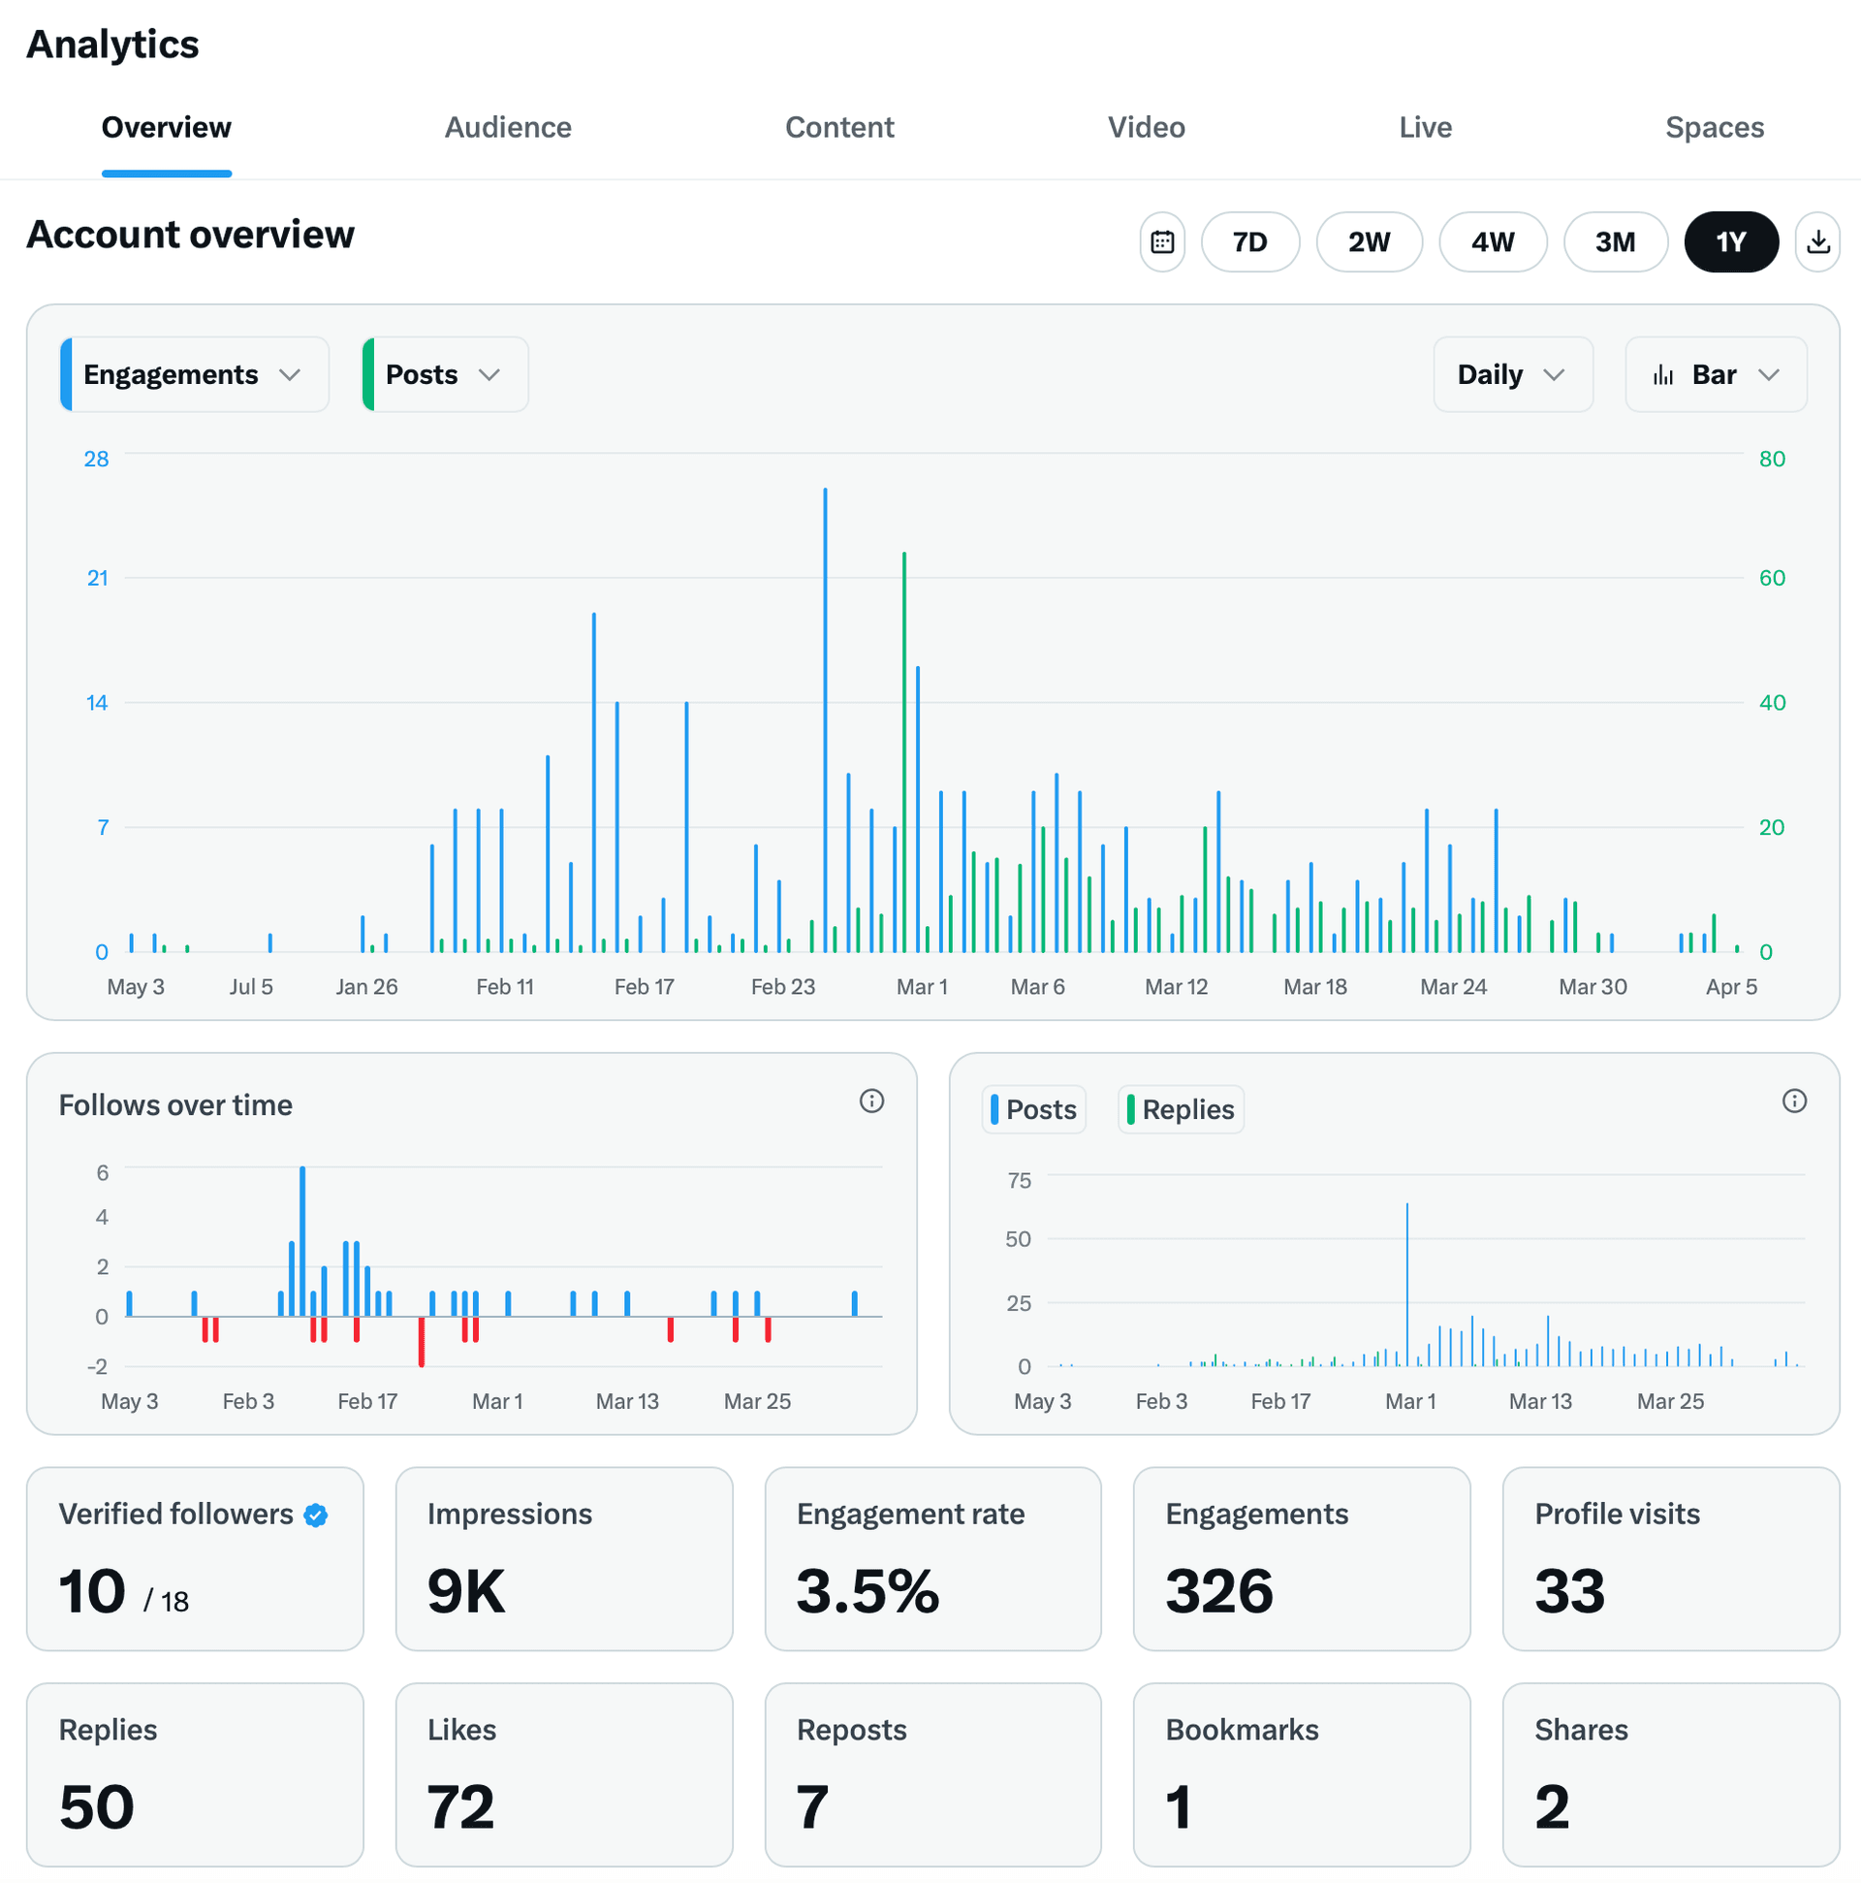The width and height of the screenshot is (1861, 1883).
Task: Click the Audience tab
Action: (508, 128)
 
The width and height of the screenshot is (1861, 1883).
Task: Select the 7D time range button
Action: (1249, 241)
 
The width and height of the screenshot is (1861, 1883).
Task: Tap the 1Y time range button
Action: (1730, 241)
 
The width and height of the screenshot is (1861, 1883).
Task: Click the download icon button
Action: (1817, 241)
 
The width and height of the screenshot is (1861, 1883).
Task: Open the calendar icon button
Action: (1161, 241)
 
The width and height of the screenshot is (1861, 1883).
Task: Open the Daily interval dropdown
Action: (1511, 375)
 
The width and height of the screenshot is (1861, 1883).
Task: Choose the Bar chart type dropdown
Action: (1715, 375)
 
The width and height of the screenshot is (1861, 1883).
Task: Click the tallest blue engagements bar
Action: (825, 721)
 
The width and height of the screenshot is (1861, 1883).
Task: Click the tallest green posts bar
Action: (904, 750)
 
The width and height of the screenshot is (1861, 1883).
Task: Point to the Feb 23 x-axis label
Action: (782, 987)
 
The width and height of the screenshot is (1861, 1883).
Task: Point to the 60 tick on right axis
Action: (1772, 579)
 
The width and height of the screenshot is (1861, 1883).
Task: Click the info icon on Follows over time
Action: (871, 1101)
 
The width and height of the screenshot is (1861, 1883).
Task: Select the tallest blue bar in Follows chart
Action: (303, 1243)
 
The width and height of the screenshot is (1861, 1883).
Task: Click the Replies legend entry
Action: (1180, 1110)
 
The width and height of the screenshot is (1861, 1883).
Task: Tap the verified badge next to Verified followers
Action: (316, 1516)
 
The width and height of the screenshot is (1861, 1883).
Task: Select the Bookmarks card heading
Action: (1242, 1731)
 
